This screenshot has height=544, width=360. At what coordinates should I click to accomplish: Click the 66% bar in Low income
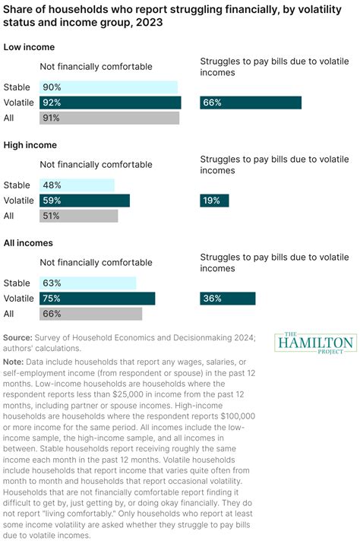tap(251, 103)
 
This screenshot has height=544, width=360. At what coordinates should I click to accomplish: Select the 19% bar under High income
tap(214, 201)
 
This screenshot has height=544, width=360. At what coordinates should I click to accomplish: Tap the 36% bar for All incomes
tap(228, 299)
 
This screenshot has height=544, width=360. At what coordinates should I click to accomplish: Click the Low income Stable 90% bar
tap(109, 87)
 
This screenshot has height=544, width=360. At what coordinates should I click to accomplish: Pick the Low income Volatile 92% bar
tap(110, 103)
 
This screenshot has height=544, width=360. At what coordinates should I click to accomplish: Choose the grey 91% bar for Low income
tap(109, 118)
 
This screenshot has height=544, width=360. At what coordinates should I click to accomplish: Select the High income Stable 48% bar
tap(77, 185)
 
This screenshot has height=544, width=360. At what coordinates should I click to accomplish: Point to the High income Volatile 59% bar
tap(84, 201)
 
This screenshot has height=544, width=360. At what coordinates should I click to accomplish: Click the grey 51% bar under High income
tap(79, 216)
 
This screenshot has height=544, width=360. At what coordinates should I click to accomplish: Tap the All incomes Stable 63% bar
tap(87, 283)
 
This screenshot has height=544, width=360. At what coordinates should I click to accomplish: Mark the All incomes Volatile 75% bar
tap(97, 299)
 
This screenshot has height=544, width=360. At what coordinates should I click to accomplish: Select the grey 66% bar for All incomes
tap(90, 314)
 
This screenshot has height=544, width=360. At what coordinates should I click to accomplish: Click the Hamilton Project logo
tap(315, 341)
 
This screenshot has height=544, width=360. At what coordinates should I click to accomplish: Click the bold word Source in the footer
tap(17, 337)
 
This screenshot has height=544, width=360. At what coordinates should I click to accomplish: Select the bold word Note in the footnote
tap(14, 362)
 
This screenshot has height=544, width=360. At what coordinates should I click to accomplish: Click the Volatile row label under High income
tap(18, 201)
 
